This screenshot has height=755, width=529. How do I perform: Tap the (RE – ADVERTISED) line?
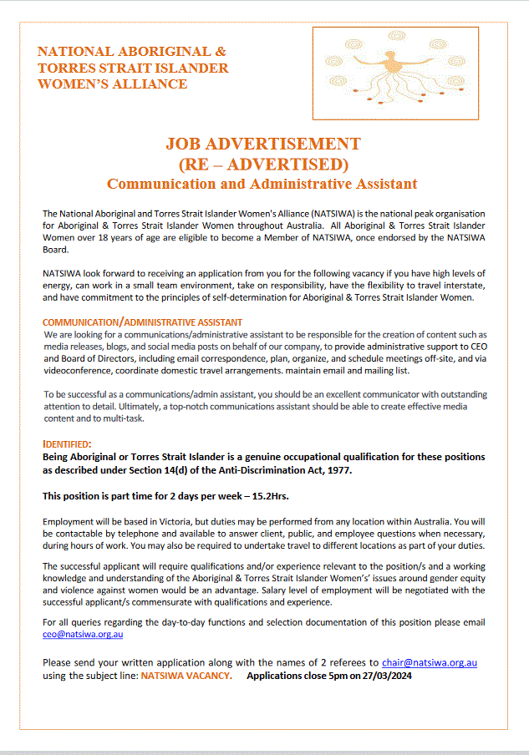coord(263,163)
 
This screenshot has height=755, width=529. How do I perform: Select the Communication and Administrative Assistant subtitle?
coord(262,183)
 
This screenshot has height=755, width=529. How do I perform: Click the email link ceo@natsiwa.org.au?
coord(83,636)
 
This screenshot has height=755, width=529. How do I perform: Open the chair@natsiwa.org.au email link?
coord(429,663)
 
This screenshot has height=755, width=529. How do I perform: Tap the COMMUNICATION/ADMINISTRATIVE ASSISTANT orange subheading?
coord(143,322)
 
